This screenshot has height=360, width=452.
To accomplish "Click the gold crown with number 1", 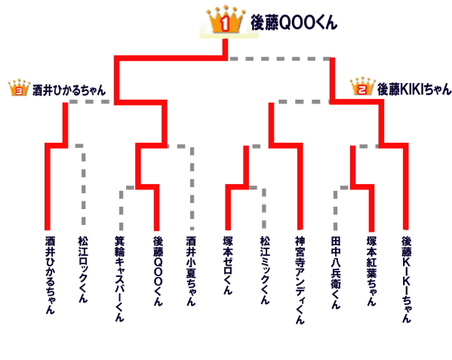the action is coord(226,20).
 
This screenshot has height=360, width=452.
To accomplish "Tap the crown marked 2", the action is coord(362,86).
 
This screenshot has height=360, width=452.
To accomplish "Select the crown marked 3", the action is coord(20,88).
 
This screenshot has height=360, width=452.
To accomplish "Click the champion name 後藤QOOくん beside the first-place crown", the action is coord(294,23).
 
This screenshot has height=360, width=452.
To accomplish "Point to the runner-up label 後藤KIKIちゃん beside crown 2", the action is coord(414,89).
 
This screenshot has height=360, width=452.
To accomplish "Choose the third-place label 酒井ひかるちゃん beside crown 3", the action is coord(69,91).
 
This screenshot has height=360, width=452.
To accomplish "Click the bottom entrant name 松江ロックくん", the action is coord(83,269).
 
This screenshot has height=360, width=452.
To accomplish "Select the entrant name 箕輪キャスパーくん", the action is coord(120,278).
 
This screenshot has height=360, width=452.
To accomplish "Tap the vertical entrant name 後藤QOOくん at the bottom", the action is coord(158,271).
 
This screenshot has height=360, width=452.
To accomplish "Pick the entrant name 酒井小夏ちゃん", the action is coord(191,271).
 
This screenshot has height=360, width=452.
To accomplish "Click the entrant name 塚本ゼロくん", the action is coord(228,266).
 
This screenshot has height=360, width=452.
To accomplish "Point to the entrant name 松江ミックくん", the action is coord(265,270).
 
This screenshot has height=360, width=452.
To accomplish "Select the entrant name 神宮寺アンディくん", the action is coord(300,280).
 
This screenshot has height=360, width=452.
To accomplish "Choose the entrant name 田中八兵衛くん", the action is coord(336,272).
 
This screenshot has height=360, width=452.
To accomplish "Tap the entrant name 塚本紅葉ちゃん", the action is coord(371,271).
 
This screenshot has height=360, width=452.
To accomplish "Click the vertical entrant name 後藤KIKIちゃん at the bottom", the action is coord(407,279).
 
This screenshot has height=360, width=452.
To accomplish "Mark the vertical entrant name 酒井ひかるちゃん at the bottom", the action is coord(50,275).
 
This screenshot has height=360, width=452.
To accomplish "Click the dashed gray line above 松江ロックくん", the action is coord(83,184).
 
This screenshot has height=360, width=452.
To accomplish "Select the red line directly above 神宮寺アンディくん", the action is coord(300,187).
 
